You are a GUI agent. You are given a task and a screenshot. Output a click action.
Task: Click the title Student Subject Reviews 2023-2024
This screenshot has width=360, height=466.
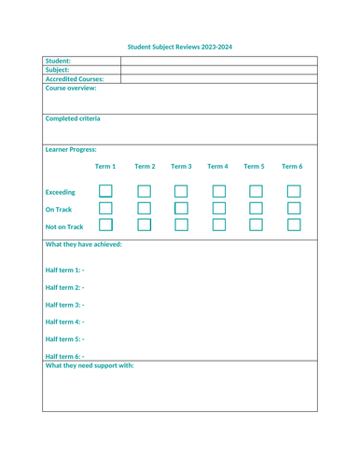click(x=180, y=46)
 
